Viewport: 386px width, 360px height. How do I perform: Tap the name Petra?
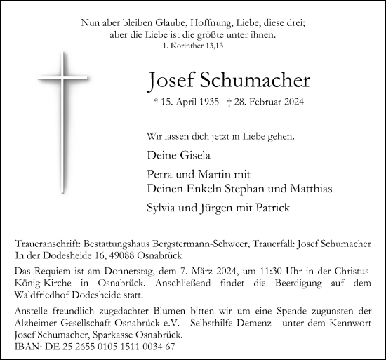click(160, 174)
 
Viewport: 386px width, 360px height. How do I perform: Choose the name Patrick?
click(271, 207)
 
